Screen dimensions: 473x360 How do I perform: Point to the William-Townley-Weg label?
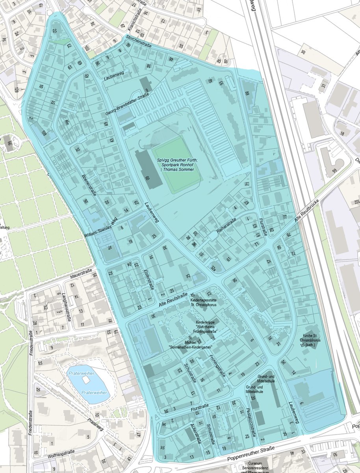[x=100, y=229]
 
